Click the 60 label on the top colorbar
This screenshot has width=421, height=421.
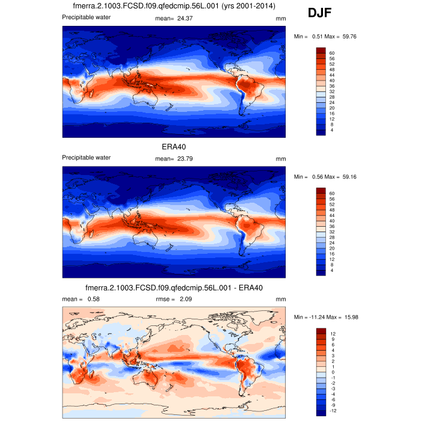click(x=332, y=54)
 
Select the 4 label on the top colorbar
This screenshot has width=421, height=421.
click(x=331, y=130)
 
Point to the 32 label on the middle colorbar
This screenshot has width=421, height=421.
click(x=332, y=232)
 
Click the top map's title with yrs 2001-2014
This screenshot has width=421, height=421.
click(x=174, y=6)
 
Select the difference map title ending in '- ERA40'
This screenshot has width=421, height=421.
click(x=174, y=287)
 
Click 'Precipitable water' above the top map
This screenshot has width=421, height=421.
click(x=86, y=17)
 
